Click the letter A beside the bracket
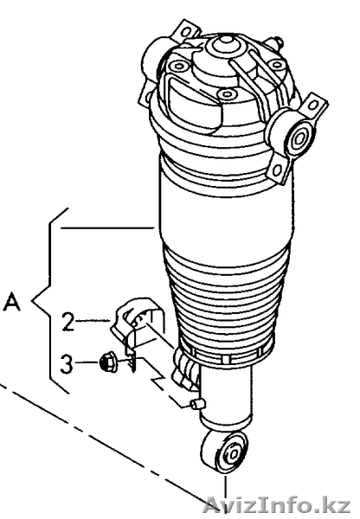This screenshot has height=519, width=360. [12, 301]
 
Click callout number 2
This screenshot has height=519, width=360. [68, 321]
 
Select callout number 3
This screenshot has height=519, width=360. [67, 362]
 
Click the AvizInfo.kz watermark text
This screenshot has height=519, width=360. [277, 505]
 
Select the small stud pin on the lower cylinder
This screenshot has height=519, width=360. [199, 405]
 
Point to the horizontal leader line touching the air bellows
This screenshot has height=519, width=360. [107, 227]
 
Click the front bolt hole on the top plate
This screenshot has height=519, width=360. [227, 93]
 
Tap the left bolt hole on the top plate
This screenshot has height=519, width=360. [179, 67]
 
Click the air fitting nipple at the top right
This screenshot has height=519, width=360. [278, 42]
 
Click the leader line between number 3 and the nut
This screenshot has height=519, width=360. [87, 362]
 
